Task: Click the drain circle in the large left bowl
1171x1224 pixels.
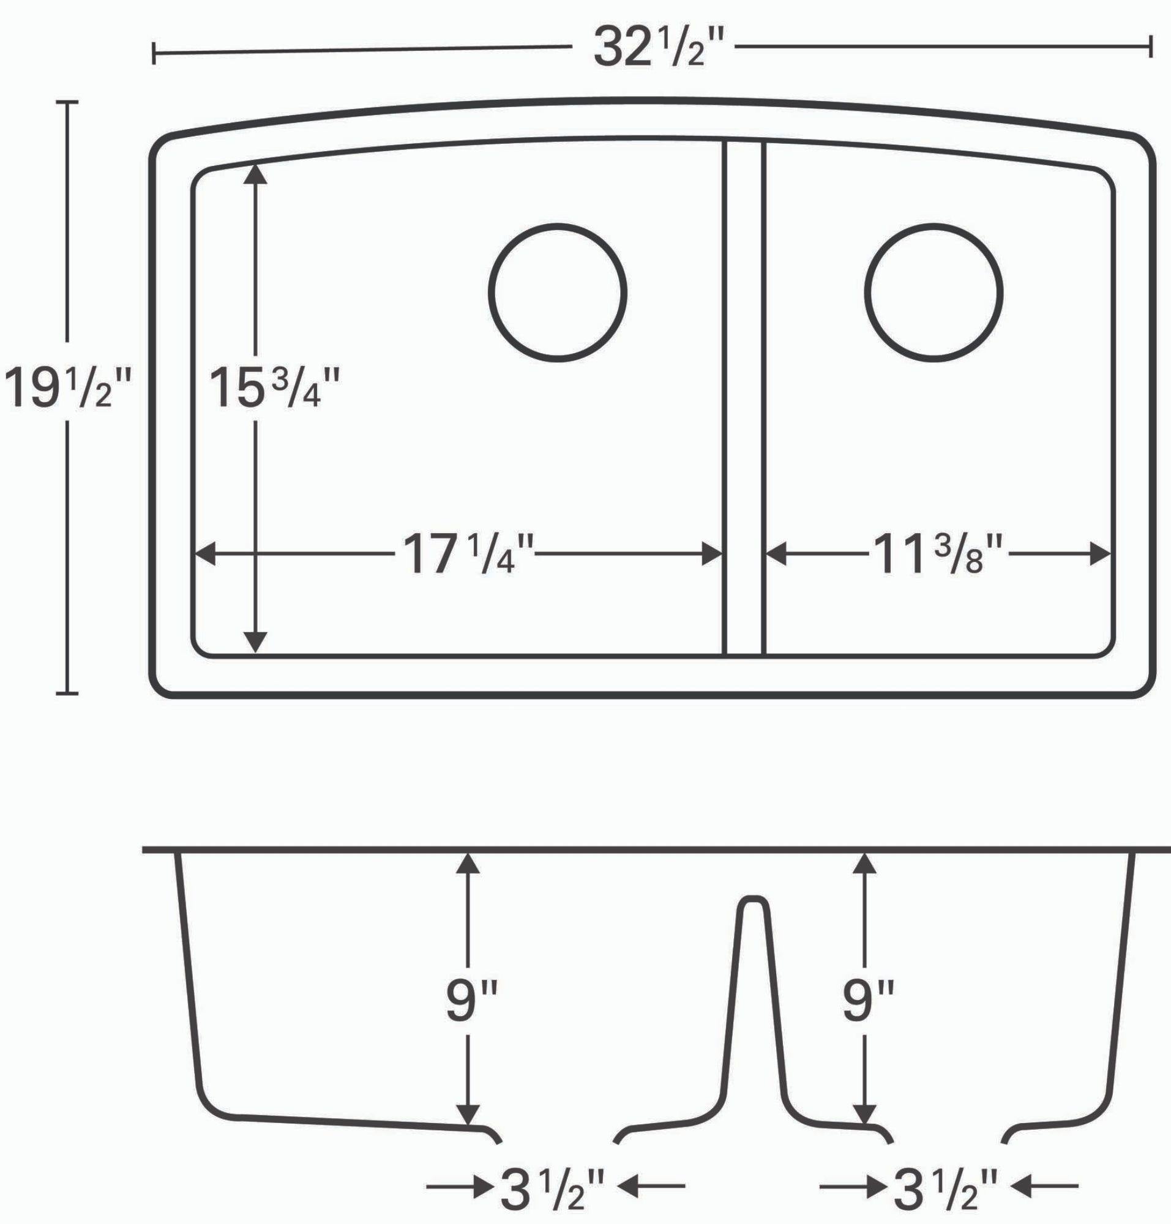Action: point(558,291)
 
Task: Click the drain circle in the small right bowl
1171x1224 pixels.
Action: point(934,291)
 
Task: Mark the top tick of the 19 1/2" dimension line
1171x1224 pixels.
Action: point(67,101)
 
